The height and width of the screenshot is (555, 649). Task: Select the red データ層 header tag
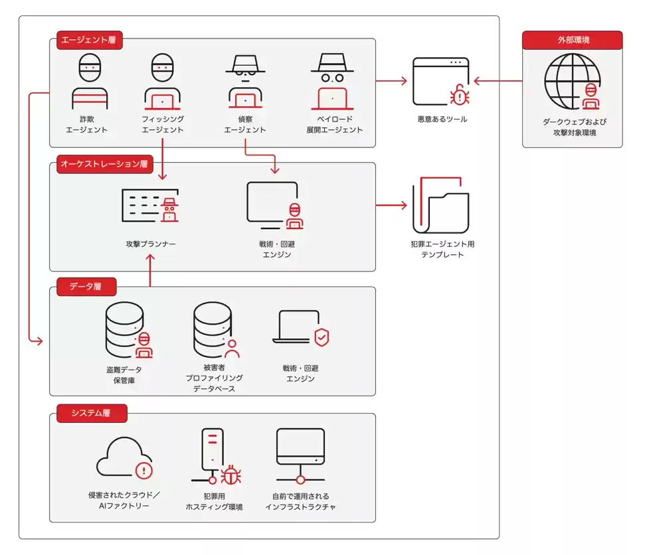point(87,287)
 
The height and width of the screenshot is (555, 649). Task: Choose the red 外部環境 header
point(573,40)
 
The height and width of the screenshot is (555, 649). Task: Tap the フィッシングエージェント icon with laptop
point(163,82)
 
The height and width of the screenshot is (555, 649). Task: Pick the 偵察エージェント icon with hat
point(245,82)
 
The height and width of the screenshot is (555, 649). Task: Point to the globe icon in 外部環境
point(572,82)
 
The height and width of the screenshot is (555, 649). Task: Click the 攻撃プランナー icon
point(151,206)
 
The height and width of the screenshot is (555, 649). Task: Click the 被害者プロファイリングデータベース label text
point(214,378)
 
